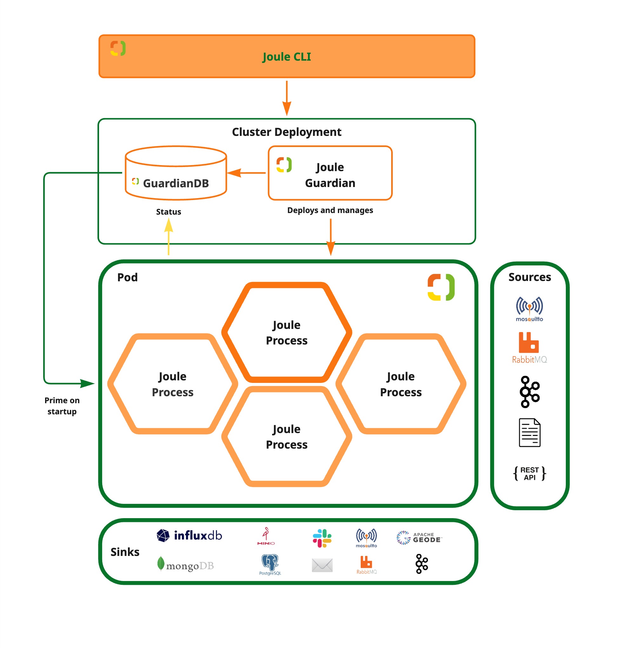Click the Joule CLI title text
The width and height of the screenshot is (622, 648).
(286, 57)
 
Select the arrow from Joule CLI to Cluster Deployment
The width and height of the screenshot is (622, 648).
(287, 98)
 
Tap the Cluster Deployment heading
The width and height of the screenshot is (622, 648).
(286, 132)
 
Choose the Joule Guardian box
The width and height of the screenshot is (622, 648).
(330, 173)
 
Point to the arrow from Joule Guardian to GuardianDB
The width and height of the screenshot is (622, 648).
(247, 173)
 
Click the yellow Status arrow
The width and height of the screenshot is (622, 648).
(169, 237)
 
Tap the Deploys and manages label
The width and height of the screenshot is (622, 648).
(330, 210)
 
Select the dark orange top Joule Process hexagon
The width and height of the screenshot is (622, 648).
(286, 332)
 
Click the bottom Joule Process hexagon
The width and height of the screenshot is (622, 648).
(286, 437)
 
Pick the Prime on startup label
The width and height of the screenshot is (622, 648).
(62, 406)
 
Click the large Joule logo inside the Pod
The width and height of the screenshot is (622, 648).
(441, 287)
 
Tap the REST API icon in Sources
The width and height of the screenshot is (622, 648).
(529, 473)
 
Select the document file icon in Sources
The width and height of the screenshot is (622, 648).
(529, 432)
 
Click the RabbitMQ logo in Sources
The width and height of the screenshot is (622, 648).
(529, 347)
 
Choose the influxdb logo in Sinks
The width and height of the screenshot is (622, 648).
(189, 535)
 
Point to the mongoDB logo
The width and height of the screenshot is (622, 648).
(185, 565)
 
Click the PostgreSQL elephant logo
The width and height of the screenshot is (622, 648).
(270, 564)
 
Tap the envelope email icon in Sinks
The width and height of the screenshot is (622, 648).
(322, 565)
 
